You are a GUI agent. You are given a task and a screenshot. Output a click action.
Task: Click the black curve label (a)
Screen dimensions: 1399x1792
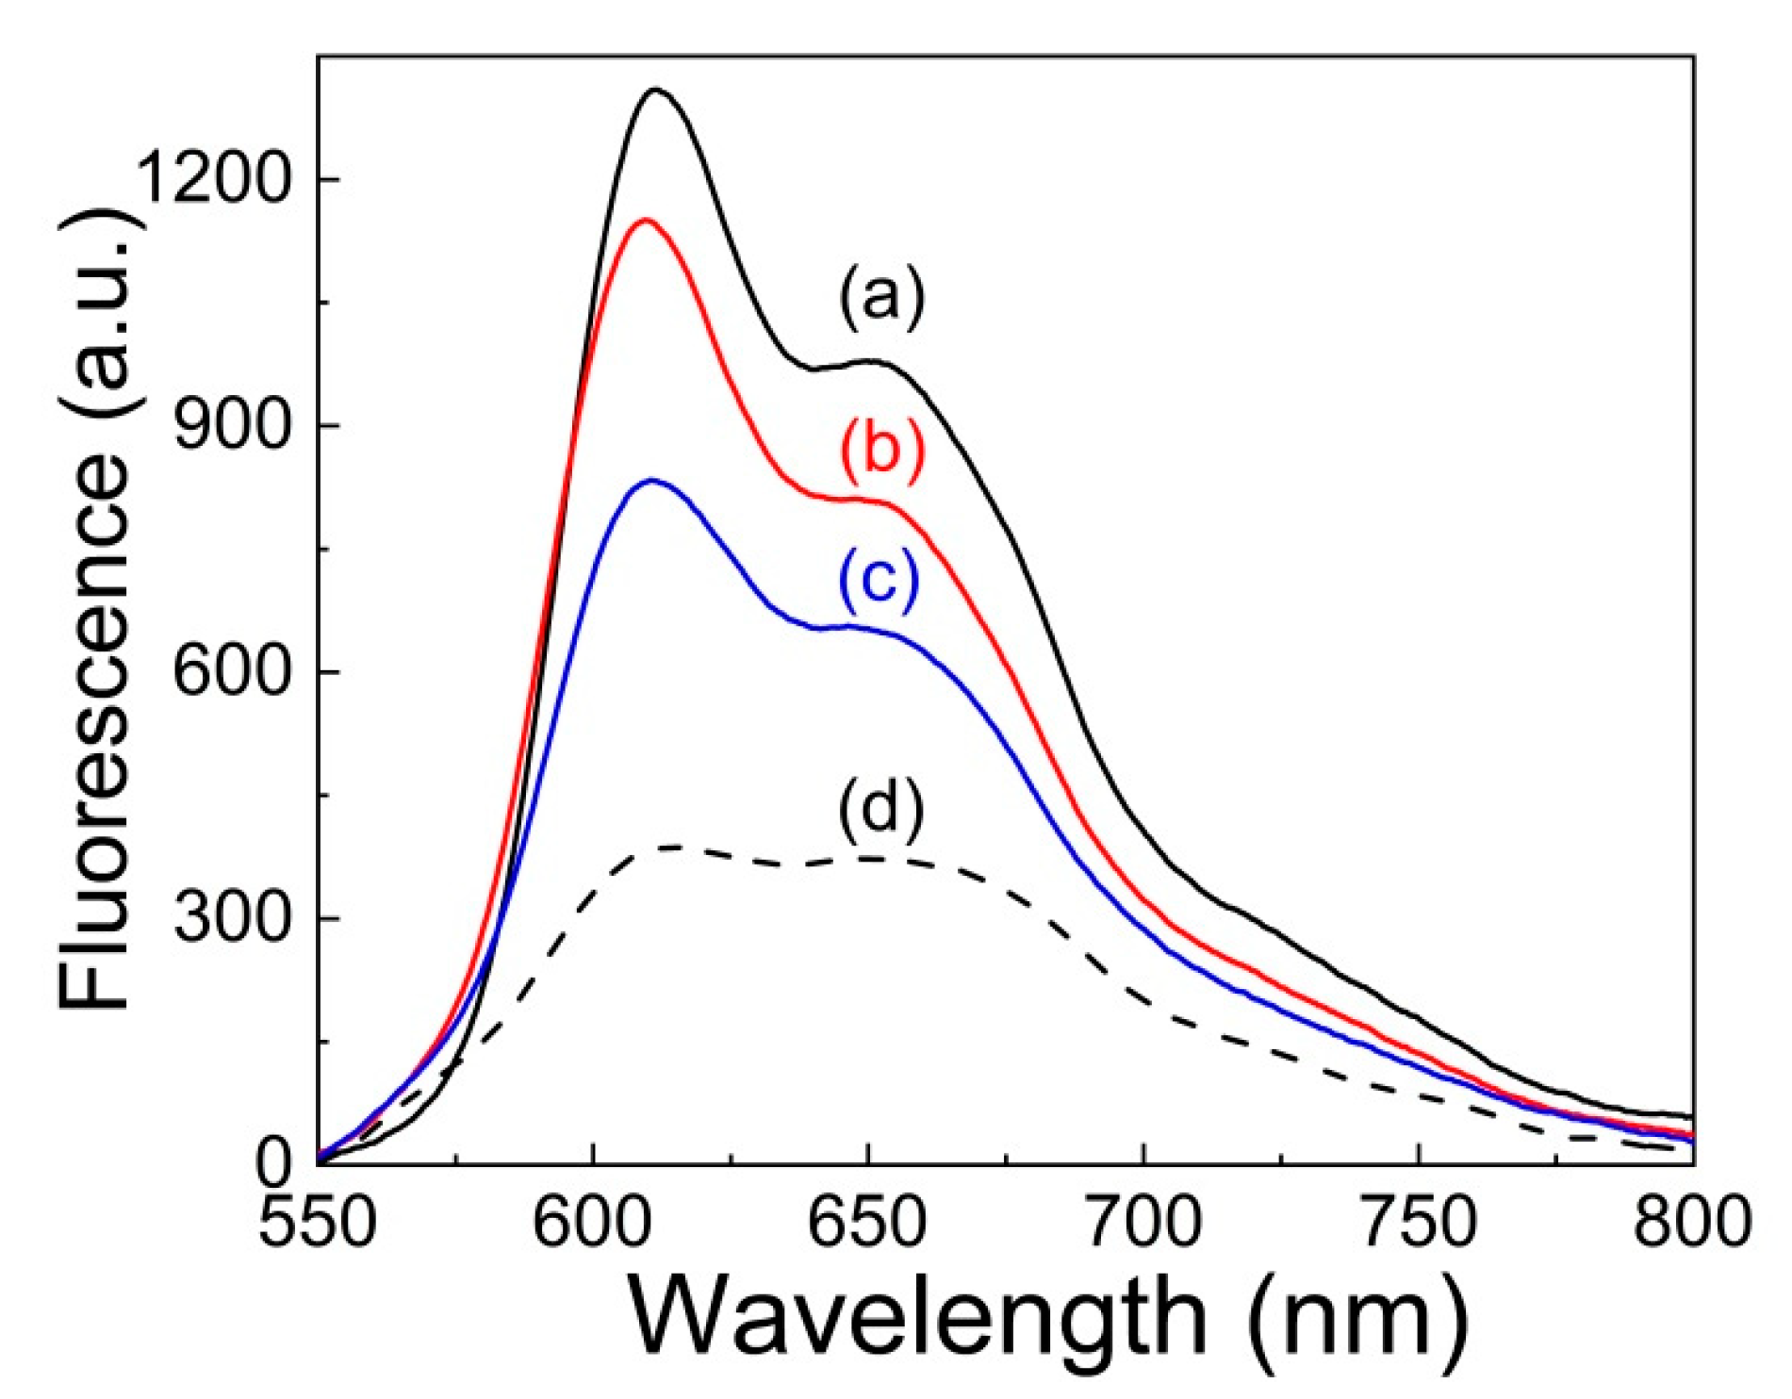[x=882, y=298]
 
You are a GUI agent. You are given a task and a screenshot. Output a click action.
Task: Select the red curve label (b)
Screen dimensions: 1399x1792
[x=882, y=452]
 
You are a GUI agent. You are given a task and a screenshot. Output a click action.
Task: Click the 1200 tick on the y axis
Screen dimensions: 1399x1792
[x=211, y=178]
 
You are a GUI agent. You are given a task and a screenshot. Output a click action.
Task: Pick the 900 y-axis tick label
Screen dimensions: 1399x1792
[x=230, y=426]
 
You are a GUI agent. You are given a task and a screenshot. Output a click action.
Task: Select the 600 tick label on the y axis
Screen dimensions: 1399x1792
[x=230, y=672]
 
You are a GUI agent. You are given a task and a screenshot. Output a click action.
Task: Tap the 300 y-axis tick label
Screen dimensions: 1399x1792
[x=230, y=918]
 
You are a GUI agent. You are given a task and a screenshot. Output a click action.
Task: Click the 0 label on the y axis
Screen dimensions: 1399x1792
[x=274, y=1165]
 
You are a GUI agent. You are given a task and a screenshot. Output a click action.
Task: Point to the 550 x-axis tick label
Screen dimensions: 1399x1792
[x=318, y=1223]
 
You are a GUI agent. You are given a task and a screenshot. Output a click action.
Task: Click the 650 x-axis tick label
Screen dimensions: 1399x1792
[x=868, y=1223]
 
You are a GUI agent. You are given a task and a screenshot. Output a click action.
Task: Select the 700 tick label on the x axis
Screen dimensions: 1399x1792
[x=1143, y=1223]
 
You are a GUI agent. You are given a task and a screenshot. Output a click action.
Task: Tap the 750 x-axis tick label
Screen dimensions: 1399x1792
[x=1419, y=1223]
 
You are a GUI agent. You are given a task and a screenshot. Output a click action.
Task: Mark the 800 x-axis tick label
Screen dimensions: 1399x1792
[x=1692, y=1223]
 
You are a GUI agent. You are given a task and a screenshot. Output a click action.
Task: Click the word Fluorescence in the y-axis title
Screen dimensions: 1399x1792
[x=94, y=735]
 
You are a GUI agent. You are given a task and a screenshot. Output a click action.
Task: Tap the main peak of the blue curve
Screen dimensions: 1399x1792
[x=651, y=481]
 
